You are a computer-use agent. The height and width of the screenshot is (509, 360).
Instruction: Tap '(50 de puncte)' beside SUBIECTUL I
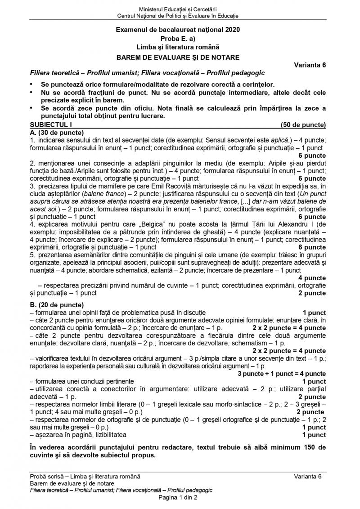[x=303, y=125]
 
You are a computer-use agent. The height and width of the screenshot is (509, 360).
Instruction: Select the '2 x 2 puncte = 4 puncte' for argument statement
[x=289, y=328]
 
